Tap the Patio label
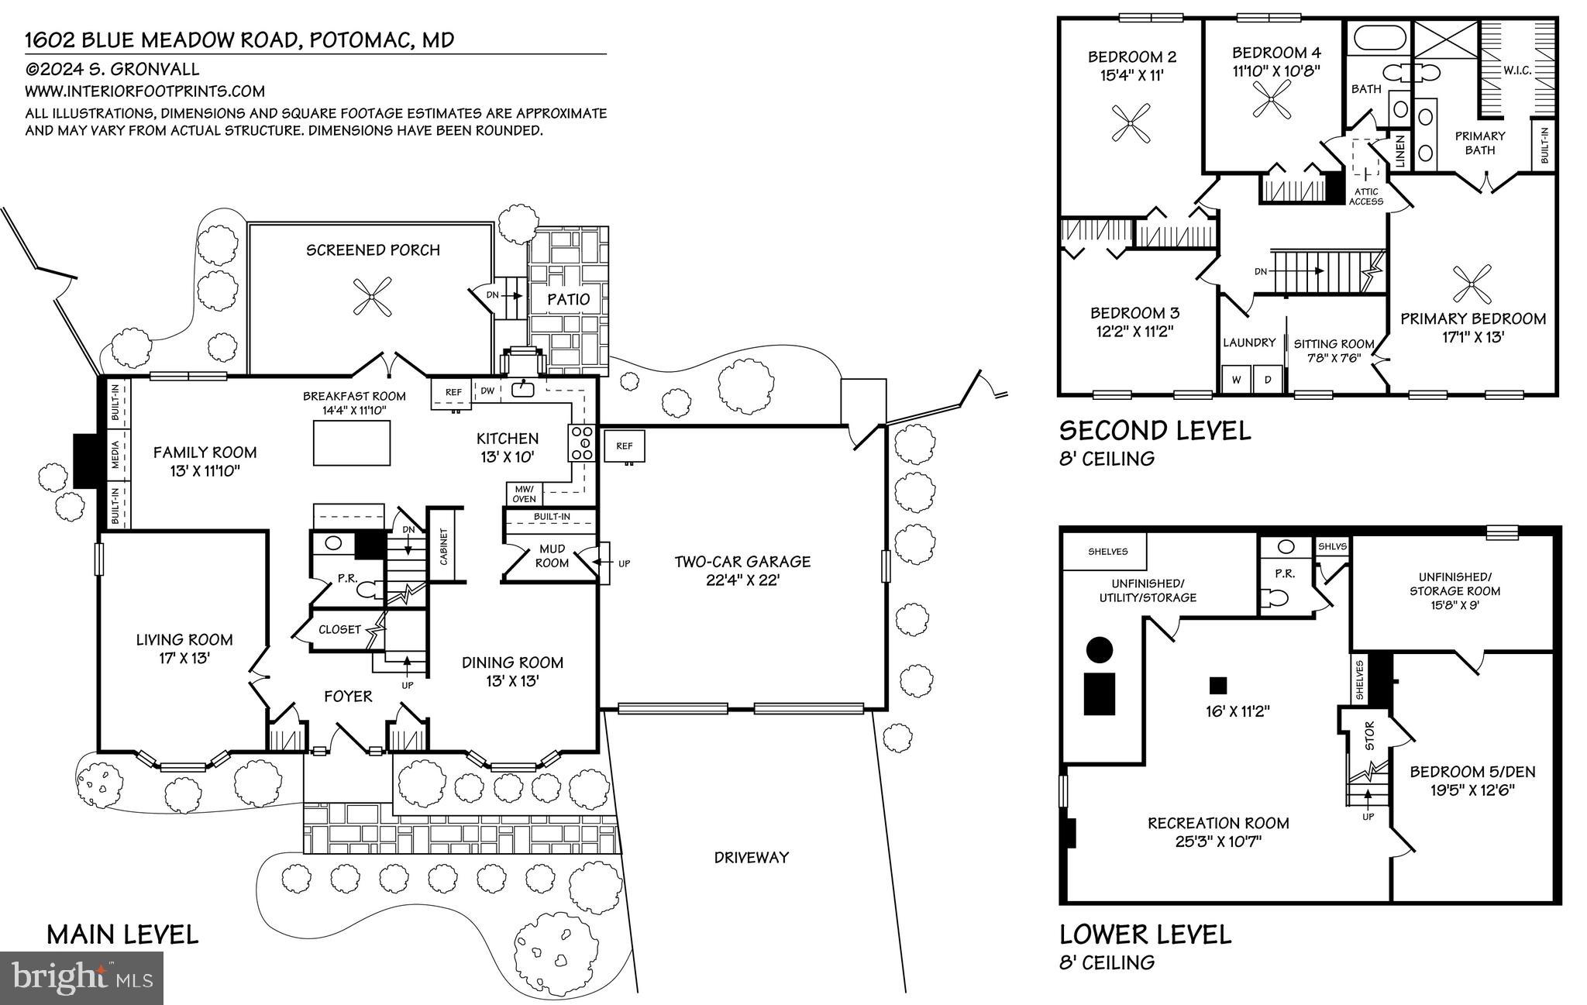(568, 299)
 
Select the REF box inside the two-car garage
(625, 446)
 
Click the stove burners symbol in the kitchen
(582, 443)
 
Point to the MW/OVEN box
(524, 494)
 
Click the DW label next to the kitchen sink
(487, 391)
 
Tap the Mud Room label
(552, 556)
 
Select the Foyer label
(348, 697)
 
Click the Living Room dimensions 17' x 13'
(184, 658)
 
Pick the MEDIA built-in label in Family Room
(115, 456)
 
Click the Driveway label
(751, 857)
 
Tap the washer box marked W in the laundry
(1236, 380)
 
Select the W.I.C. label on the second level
(1516, 71)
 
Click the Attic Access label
(1365, 197)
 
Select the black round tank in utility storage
(1100, 649)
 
